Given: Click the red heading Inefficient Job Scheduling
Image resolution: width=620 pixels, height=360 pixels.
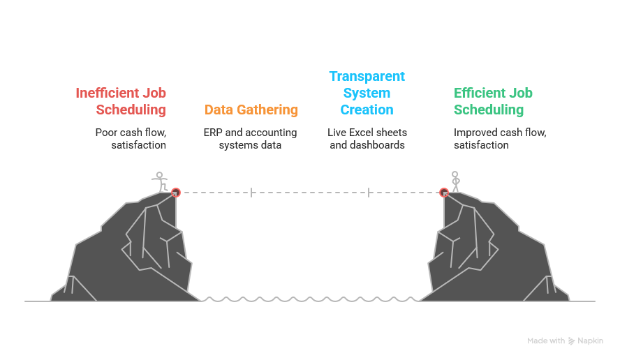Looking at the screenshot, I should point(121,101).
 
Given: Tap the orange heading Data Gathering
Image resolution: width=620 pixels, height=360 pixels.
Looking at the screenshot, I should point(251,110).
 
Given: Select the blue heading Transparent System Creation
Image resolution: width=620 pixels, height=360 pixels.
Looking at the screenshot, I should point(367,93).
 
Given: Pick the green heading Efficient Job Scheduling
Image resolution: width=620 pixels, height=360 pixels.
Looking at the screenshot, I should point(493,101).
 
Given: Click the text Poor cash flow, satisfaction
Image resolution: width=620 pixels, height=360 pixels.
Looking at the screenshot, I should point(131,139).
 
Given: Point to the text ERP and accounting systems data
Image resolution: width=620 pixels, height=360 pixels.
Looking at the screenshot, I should point(250,139).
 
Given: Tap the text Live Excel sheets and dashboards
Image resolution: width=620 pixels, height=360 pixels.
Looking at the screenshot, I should point(367,139).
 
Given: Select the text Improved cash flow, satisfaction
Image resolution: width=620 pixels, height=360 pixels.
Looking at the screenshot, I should point(500,139).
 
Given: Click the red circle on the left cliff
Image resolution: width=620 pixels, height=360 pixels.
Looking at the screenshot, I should point(176,193).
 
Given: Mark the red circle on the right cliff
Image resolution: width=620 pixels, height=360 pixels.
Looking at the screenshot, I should point(443,193).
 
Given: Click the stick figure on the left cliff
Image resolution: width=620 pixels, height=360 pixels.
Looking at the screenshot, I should point(161,181).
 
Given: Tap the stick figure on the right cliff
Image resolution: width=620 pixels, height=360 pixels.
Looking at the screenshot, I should point(455,181).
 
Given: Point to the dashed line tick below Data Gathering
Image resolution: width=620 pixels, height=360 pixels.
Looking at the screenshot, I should point(251,193).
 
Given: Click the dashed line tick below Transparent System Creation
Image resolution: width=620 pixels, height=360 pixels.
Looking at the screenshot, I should point(368,193).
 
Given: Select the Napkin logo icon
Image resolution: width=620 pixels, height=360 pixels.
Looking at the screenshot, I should point(572,341).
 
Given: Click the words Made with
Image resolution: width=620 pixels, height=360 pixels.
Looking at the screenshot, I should point(546,341).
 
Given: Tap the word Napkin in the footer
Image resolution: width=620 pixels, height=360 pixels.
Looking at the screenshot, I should point(591,341).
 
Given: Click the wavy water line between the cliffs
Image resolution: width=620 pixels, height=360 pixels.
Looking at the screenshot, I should point(311,300).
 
